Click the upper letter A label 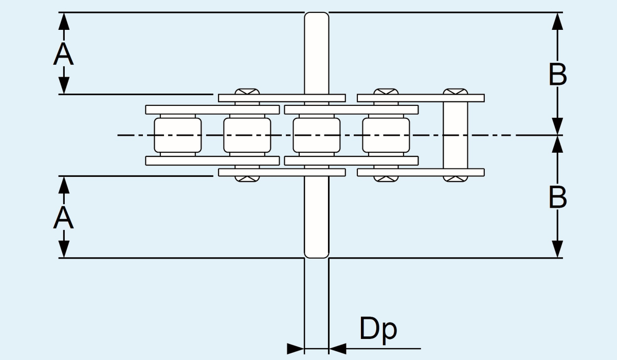[x=63, y=54]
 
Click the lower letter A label [x=63, y=218]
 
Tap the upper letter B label [x=558, y=75]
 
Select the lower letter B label [x=558, y=197]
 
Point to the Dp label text [x=378, y=329]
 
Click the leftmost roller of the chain [x=177, y=135]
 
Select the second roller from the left [x=247, y=135]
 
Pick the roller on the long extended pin [x=316, y=135]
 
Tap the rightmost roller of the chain [x=386, y=135]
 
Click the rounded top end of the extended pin [x=316, y=19]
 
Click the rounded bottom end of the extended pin [x=316, y=252]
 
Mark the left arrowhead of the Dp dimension [x=296, y=349]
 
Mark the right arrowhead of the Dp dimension [x=337, y=349]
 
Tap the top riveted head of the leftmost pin [x=247, y=92]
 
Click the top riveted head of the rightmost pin [x=456, y=92]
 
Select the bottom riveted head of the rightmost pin [x=456, y=178]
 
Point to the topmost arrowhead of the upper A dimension [x=63, y=21]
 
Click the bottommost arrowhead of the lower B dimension [x=558, y=249]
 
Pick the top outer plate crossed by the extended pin [x=282, y=98]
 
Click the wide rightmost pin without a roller [x=456, y=135]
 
